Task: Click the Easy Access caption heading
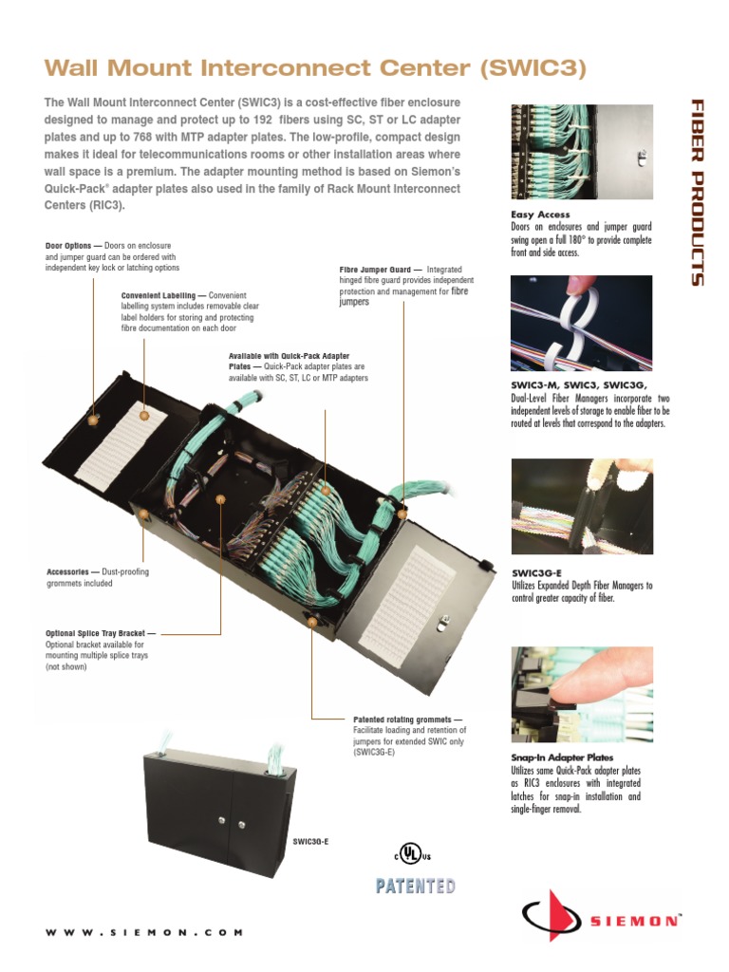point(541,215)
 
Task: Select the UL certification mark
point(409,853)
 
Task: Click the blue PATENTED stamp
point(416,887)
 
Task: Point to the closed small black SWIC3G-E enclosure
point(219,797)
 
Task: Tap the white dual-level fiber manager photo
point(581,325)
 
